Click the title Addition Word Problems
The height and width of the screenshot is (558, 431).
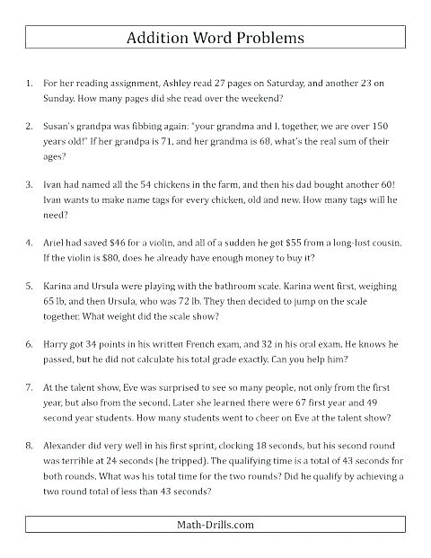pos(215,39)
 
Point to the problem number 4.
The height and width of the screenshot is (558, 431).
pos(30,244)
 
